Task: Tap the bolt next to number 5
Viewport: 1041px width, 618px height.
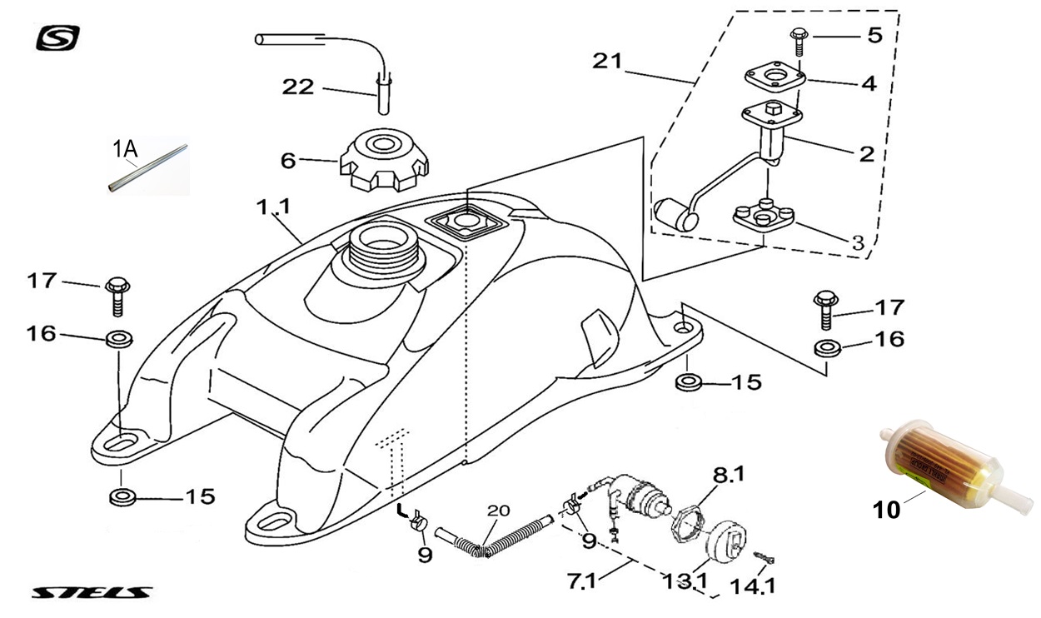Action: coord(797,38)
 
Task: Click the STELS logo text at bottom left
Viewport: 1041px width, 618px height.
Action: coord(92,593)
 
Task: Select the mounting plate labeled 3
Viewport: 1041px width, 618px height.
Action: coord(765,216)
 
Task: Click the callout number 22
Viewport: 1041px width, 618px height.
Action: coord(296,87)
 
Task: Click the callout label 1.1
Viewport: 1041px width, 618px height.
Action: coord(272,207)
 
